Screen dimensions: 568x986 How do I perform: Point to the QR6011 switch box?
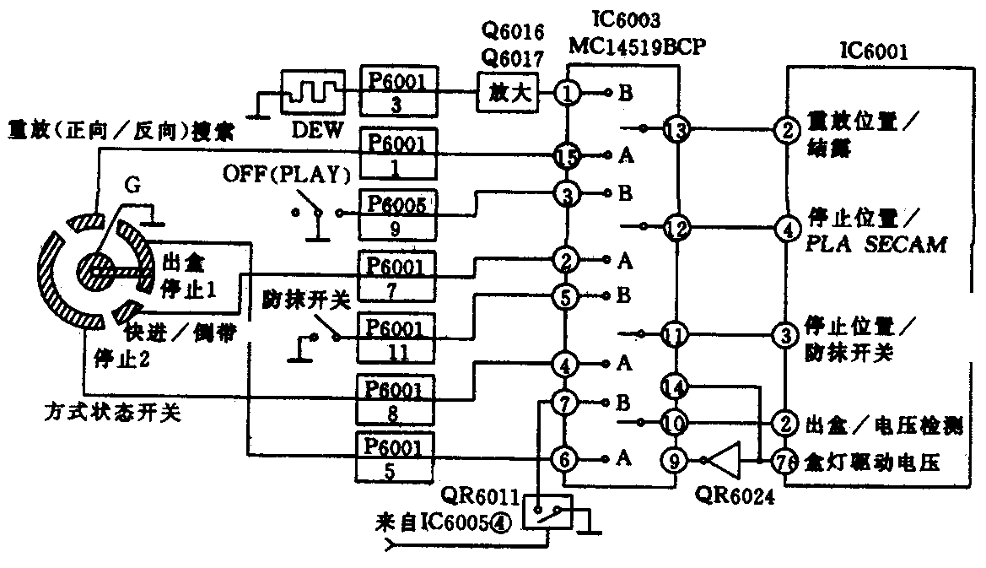click(x=547, y=511)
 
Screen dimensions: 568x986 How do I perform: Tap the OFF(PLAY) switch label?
click(x=286, y=175)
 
